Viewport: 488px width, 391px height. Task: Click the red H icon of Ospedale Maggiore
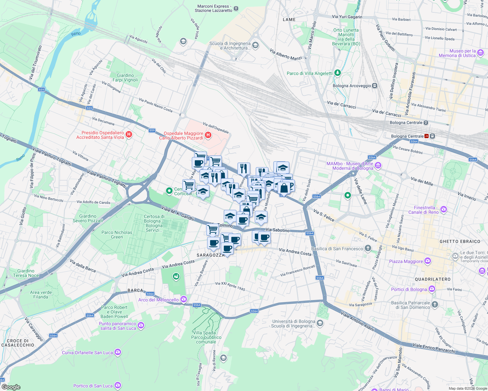click(x=208, y=135)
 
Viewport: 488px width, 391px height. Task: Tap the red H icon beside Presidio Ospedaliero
click(x=129, y=134)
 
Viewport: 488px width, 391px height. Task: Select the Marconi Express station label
click(x=213, y=8)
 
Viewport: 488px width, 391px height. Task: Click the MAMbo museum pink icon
click(x=378, y=166)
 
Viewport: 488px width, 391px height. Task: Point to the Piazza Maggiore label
click(x=406, y=261)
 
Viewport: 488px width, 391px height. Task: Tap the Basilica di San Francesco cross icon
click(x=368, y=248)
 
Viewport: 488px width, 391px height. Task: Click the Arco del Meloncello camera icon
click(x=184, y=299)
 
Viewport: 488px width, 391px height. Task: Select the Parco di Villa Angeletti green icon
click(x=338, y=73)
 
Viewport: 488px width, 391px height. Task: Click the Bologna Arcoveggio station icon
click(x=375, y=86)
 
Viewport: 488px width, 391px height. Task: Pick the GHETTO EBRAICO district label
click(x=460, y=241)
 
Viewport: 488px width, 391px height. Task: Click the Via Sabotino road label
click(x=278, y=230)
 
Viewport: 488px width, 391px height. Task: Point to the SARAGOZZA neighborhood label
click(x=211, y=255)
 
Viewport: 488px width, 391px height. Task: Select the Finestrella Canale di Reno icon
click(x=443, y=209)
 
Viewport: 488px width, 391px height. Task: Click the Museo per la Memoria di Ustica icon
click(x=480, y=53)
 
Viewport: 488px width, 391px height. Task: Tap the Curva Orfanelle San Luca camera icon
click(x=118, y=352)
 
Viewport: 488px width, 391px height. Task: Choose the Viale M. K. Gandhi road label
click(x=178, y=213)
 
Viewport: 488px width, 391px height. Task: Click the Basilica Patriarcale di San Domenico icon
click(x=435, y=305)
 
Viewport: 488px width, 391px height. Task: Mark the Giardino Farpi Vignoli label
click(x=125, y=78)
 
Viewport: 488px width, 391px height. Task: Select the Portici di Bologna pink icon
click(x=432, y=289)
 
